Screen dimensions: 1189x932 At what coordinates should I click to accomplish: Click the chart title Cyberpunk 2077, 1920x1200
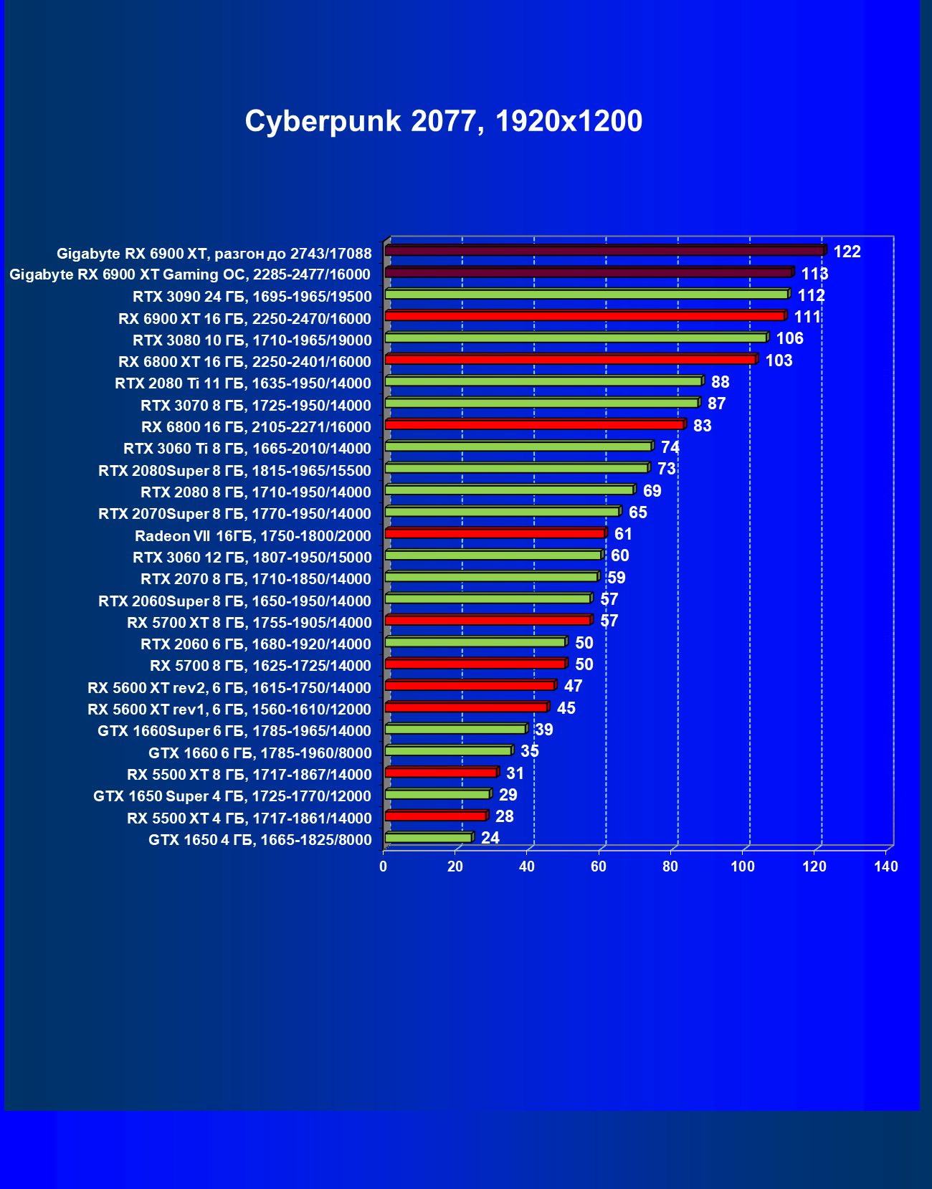coord(443,121)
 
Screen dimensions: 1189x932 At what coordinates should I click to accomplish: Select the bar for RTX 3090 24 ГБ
coord(586,295)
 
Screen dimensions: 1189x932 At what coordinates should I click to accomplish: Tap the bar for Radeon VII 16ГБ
coord(495,533)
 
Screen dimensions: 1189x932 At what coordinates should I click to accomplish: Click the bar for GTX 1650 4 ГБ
coord(428,838)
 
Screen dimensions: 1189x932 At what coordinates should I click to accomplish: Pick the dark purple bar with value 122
coord(604,251)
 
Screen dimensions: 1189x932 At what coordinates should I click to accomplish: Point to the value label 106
coord(789,338)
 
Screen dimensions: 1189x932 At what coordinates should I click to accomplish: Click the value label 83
coord(702,426)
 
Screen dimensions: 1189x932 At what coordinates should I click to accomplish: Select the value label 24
coord(490,838)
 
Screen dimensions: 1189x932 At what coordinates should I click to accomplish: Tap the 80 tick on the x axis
coord(670,866)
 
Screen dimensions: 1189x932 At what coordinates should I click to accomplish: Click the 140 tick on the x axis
coord(886,866)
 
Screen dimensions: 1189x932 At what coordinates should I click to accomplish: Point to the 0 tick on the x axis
coord(384,866)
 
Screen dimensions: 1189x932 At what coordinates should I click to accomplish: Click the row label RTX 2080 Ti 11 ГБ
coord(243,383)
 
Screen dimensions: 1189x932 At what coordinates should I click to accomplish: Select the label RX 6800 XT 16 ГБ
coord(244,362)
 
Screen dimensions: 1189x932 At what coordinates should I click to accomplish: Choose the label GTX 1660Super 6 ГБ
coord(234,731)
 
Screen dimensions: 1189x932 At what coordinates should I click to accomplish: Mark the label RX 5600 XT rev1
coord(229,710)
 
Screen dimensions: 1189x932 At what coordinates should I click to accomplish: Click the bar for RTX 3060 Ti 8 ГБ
coord(518,447)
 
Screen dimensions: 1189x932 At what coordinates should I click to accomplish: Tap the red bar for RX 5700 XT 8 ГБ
coord(488,620)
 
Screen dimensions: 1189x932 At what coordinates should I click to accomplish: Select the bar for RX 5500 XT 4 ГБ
coord(435,816)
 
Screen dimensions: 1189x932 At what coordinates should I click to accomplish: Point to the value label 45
coord(566,708)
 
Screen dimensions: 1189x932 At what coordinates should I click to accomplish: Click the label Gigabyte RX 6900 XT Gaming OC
coord(190,274)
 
